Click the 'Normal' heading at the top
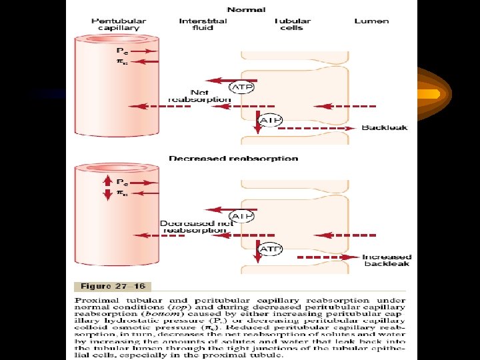pos(245,10)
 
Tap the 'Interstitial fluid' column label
pos(203,25)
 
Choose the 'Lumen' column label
pos(371,21)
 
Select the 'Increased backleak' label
pos(387,260)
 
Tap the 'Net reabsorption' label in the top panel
pos(199,96)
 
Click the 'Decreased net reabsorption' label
pos(196,227)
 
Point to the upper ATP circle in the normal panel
pos(241,87)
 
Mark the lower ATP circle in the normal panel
pos(270,120)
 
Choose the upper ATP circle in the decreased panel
pos(241,216)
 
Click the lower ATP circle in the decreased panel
pos(270,249)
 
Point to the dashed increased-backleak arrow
pos(327,257)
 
